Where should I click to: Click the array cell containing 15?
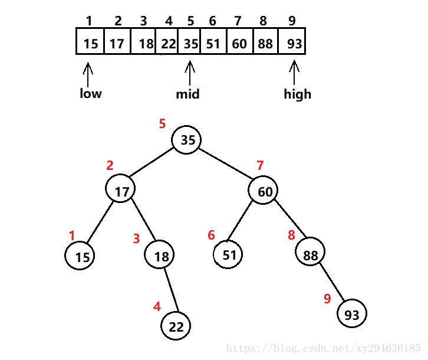click(x=90, y=43)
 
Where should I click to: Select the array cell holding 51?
click(x=213, y=43)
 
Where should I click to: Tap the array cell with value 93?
click(x=292, y=43)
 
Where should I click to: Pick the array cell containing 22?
click(x=168, y=43)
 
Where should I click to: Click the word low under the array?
click(x=91, y=93)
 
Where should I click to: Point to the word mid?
click(x=188, y=94)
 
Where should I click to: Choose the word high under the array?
click(x=297, y=94)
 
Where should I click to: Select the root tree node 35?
click(x=187, y=140)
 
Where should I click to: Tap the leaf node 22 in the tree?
click(x=177, y=326)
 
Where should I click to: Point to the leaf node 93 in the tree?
click(x=352, y=315)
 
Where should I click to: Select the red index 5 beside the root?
click(x=163, y=124)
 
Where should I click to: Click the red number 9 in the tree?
click(x=327, y=299)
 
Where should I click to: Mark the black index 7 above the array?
click(x=238, y=21)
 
